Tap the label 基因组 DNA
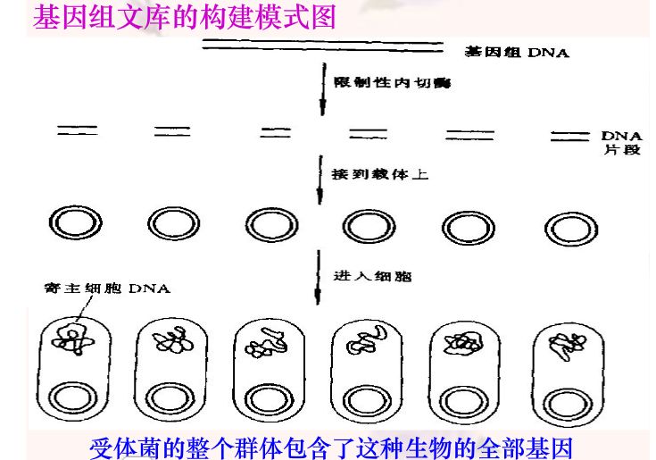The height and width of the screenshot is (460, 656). pos(517,53)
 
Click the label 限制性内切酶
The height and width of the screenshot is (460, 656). pos(391,82)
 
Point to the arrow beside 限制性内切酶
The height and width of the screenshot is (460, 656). pos(322,89)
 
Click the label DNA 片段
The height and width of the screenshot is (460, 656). pos(621,142)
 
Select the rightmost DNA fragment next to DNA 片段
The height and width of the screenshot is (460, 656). pos(568,136)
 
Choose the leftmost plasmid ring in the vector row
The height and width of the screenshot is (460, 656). pos(68,223)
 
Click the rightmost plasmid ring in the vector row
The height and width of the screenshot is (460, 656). pos(569,226)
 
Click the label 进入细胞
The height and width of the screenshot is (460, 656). pos(372,277)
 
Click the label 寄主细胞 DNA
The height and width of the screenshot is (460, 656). pos(106,289)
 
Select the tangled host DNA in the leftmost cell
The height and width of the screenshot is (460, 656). pos(70,339)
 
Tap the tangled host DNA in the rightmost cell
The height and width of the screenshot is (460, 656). pos(565,344)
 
